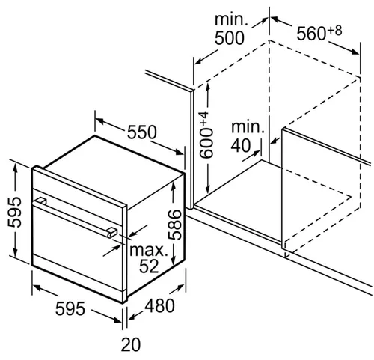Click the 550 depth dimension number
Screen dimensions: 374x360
click(x=142, y=132)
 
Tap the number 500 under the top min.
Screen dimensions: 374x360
click(x=230, y=38)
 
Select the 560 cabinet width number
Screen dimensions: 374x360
click(x=311, y=34)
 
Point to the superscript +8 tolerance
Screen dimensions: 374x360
click(x=334, y=31)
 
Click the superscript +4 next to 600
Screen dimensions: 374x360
click(x=203, y=120)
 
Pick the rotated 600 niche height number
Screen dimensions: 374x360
click(x=206, y=144)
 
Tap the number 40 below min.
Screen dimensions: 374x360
click(x=241, y=145)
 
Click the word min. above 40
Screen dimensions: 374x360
click(x=248, y=127)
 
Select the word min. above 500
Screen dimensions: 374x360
click(x=231, y=19)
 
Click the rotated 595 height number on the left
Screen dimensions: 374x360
click(x=14, y=212)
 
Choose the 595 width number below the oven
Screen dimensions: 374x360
click(x=70, y=308)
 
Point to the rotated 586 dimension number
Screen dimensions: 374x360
click(x=174, y=225)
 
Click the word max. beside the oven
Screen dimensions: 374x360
click(x=149, y=251)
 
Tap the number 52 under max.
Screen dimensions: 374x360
click(x=149, y=266)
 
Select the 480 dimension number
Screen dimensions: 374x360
click(x=159, y=306)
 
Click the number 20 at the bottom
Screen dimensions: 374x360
click(x=131, y=344)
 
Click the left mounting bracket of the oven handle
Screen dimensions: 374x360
click(x=41, y=201)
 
